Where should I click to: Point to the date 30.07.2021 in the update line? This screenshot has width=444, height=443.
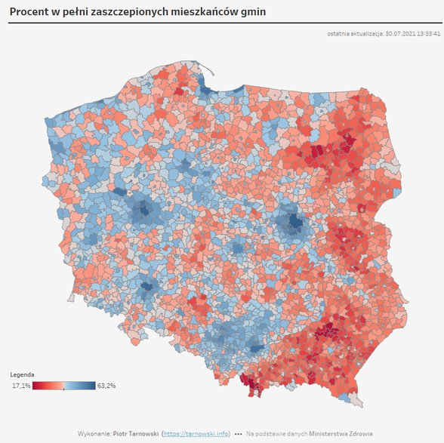pos(399,33)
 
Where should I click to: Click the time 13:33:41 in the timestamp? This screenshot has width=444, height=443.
pos(428,33)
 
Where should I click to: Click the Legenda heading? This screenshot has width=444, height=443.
pos(21,375)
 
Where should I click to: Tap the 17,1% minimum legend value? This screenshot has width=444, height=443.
pos(21,386)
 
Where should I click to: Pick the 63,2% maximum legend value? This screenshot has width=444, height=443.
pos(106,386)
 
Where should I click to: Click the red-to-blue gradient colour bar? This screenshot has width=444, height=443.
pos(64,386)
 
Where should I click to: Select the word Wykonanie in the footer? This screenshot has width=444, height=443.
pos(93,434)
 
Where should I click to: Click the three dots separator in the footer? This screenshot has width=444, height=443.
pos(239,434)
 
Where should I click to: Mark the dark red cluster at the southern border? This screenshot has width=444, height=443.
pos(250,384)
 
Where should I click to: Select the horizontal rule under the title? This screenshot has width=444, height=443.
pos(222,23)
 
